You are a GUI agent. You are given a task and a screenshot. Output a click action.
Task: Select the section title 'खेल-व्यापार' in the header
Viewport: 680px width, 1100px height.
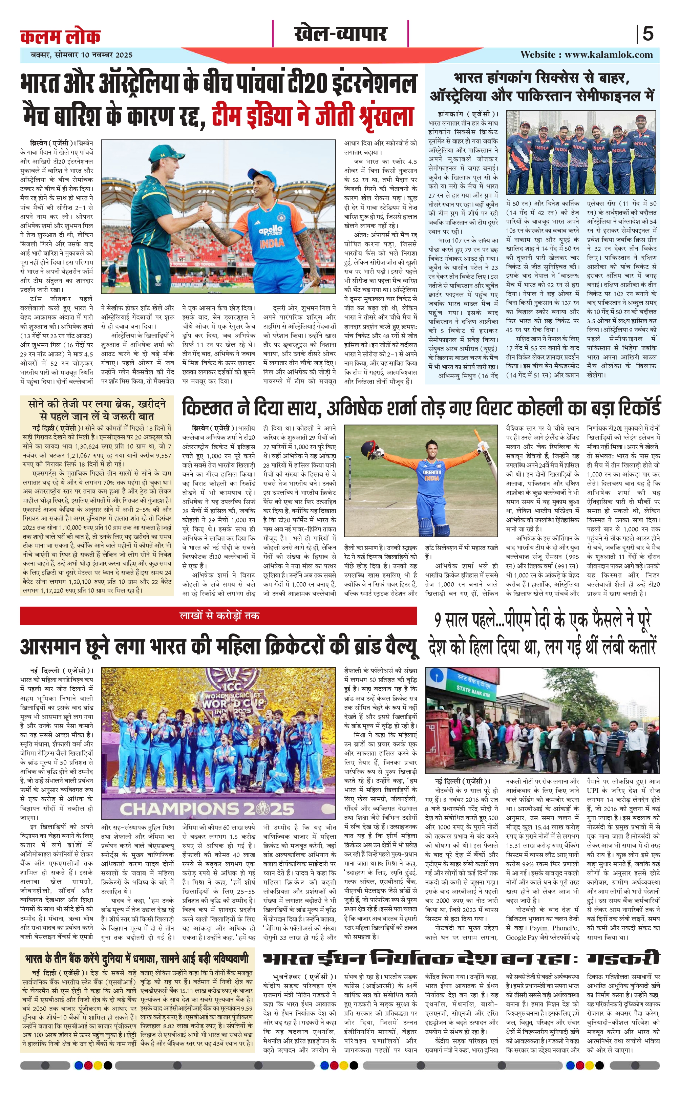(x=340, y=34)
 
